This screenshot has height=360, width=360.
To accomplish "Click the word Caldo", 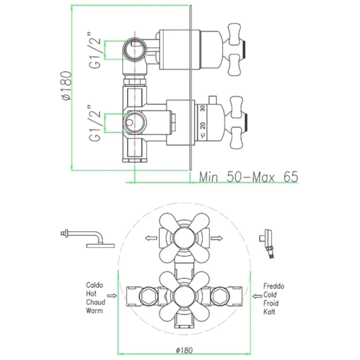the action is click(94, 285).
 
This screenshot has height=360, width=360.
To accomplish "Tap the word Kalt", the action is click(269, 312).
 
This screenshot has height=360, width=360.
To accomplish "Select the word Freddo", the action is click(274, 286).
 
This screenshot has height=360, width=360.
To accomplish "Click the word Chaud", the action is click(96, 302).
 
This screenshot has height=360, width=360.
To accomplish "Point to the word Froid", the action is click(271, 304).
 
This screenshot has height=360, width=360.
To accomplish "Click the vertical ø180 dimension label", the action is click(67, 86).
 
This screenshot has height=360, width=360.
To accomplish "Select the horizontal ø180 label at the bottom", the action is click(184, 350).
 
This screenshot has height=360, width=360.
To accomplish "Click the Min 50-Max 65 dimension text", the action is click(248, 177).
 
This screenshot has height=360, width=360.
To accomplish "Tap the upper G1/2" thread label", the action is click(95, 50).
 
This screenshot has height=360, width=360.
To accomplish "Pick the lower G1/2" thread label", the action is click(95, 124).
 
